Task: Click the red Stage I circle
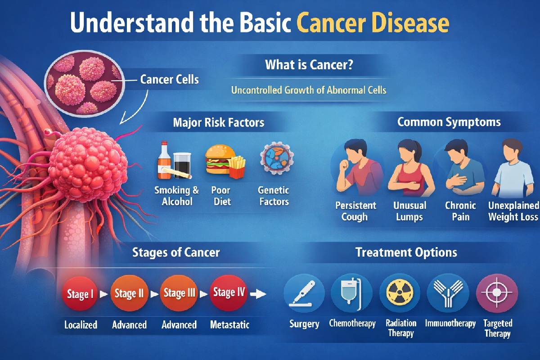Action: pos(80,295)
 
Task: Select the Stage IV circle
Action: pos(229,293)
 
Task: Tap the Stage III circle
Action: pos(179,294)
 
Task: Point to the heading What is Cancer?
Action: pos(309,65)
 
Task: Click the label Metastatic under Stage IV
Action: pos(229,324)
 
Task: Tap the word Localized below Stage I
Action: pos(80,324)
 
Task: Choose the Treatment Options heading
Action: pos(406,252)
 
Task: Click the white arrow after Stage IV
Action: pos(258,294)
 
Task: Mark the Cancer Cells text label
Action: pos(169,80)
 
